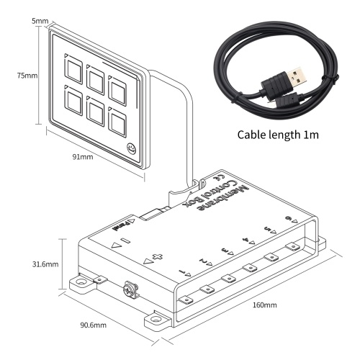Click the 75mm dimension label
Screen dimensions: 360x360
coord(27,76)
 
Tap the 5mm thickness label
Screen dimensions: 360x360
coord(40,21)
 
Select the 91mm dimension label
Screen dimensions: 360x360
coord(83,157)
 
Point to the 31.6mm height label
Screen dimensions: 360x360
coord(45,264)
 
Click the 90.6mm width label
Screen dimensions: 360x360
coord(93,325)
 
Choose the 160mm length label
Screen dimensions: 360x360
coord(264,305)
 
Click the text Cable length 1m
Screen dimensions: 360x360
coord(278,135)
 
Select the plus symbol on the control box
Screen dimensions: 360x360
coord(158,256)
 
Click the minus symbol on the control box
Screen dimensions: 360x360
coord(125,240)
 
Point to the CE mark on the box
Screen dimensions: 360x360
coord(219,178)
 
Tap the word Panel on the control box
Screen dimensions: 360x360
coord(121,226)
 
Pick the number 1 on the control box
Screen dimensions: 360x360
coord(184,272)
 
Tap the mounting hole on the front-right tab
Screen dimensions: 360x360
coord(156,320)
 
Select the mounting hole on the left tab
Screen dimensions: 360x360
coord(81,282)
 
